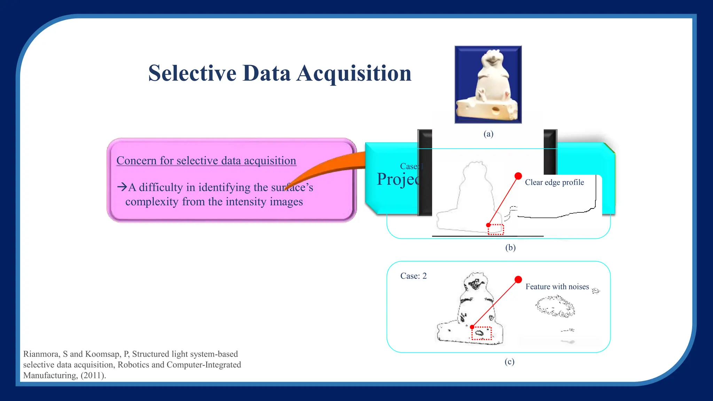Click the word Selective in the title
click(x=192, y=73)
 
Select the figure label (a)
click(x=488, y=134)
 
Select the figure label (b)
click(x=510, y=247)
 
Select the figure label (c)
click(x=509, y=362)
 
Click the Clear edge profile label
click(x=554, y=182)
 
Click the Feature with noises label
click(x=557, y=287)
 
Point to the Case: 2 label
click(x=413, y=276)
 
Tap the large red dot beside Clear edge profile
click(x=518, y=176)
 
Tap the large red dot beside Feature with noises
click(x=518, y=280)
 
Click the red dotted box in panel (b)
click(x=496, y=230)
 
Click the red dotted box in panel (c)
click(x=481, y=333)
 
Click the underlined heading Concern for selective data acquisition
click(x=206, y=161)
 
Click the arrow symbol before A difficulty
click(x=122, y=187)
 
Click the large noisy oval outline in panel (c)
click(x=555, y=306)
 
